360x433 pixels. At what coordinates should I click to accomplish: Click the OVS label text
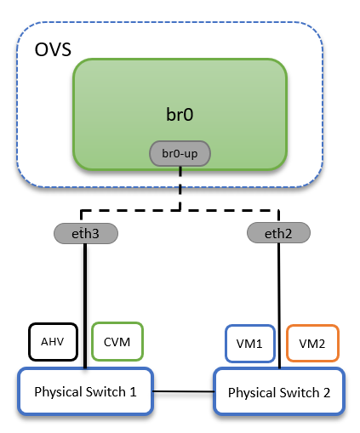pyautogui.click(x=53, y=48)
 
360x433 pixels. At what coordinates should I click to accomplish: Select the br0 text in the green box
pyautogui.click(x=180, y=113)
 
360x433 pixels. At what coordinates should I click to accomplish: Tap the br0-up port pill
pyautogui.click(x=180, y=154)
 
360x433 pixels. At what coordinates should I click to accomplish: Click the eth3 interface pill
pyautogui.click(x=85, y=231)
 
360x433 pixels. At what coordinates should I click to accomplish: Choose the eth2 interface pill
pyautogui.click(x=277, y=231)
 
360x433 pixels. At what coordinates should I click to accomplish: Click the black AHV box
pyautogui.click(x=53, y=341)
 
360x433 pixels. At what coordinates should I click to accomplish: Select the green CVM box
pyautogui.click(x=116, y=341)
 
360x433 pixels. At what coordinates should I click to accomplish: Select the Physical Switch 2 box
pyautogui.click(x=279, y=392)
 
